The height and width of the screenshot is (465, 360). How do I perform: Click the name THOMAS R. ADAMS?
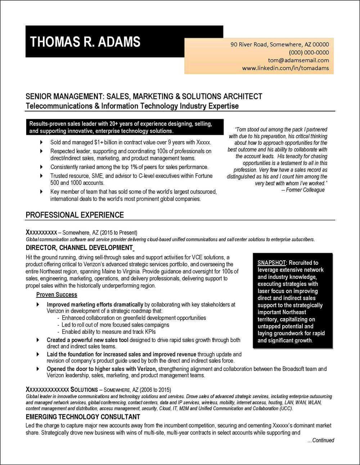pyautogui.click(x=85, y=42)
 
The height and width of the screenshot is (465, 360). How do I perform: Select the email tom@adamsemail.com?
pyautogui.click(x=298, y=60)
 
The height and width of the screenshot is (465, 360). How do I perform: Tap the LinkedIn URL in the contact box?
pyautogui.click(x=285, y=68)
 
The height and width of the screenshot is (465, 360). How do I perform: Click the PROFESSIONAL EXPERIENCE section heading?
pyautogui.click(x=75, y=215)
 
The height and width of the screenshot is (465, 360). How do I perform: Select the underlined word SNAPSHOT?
pyautogui.click(x=271, y=263)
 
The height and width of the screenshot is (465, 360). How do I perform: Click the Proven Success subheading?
pyautogui.click(x=57, y=295)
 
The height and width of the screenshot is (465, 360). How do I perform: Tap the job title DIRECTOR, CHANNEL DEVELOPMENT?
pyautogui.click(x=79, y=248)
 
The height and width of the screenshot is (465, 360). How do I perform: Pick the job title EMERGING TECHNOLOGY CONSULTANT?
pyautogui.click(x=83, y=417)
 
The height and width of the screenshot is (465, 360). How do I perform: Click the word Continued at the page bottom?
pyautogui.click(x=323, y=440)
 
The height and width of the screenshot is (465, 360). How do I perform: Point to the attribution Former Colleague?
pyautogui.click(x=305, y=190)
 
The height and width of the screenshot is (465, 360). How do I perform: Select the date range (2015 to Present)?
pyautogui.click(x=118, y=233)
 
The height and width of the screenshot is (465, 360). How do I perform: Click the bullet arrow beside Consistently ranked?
pyautogui.click(x=41, y=167)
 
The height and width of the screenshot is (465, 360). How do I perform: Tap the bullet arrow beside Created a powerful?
pyautogui.click(x=38, y=340)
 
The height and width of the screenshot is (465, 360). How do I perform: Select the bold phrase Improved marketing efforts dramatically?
pyautogui.click(x=95, y=305)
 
